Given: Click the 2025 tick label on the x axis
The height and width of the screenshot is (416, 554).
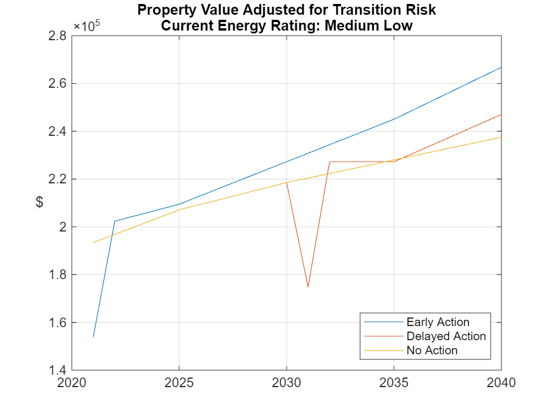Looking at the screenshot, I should [179, 383].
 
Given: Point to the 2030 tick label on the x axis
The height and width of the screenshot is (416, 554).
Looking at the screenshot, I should [287, 383].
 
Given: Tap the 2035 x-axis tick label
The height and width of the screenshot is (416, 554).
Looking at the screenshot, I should [394, 383].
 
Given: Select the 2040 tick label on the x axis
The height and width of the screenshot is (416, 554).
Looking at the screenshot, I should [501, 383].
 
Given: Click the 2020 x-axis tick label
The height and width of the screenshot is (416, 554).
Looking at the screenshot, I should [72, 383].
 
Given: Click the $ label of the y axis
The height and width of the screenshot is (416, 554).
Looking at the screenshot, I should [40, 203].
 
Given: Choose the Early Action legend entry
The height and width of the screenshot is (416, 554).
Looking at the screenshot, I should [438, 322].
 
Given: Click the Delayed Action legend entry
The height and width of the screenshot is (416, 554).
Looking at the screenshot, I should [445, 336].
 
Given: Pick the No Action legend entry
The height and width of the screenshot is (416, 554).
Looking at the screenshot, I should [431, 350].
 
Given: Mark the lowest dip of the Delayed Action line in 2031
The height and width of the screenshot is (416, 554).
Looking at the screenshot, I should [308, 286].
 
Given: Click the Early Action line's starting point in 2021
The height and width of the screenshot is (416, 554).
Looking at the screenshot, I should [93, 337].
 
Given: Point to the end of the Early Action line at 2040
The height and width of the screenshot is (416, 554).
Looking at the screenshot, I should [501, 67].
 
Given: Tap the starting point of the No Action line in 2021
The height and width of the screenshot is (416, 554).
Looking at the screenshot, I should [93, 242].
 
